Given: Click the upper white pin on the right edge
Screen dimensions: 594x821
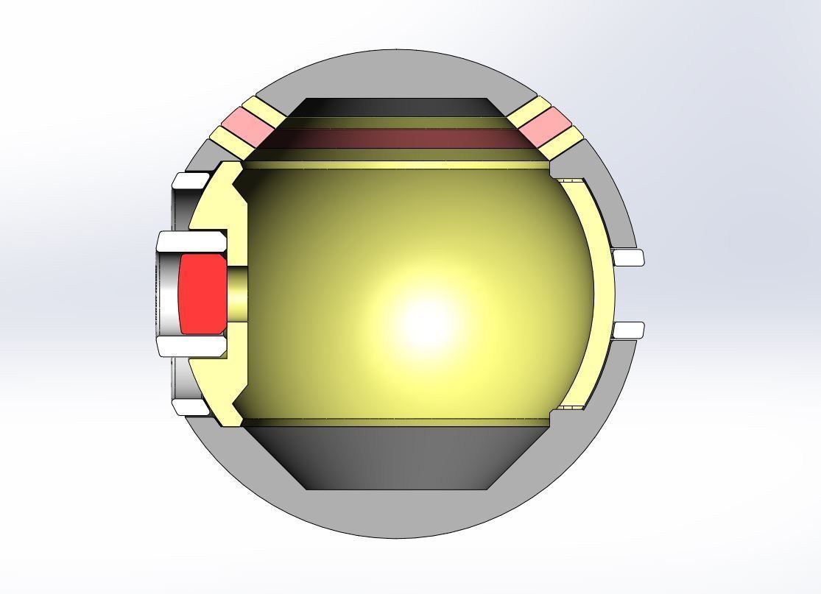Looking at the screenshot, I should click(629, 258).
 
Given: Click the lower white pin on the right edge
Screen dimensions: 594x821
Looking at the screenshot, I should click(629, 330).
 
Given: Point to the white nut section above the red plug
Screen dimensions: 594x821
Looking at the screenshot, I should click(191, 241).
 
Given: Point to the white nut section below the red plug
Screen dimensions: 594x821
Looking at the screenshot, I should click(191, 347).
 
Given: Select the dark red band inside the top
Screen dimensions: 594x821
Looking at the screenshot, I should click(398, 138).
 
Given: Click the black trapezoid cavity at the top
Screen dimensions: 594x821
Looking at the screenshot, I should click(398, 107).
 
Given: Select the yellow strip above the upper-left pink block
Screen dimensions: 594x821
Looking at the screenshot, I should click(262, 109).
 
